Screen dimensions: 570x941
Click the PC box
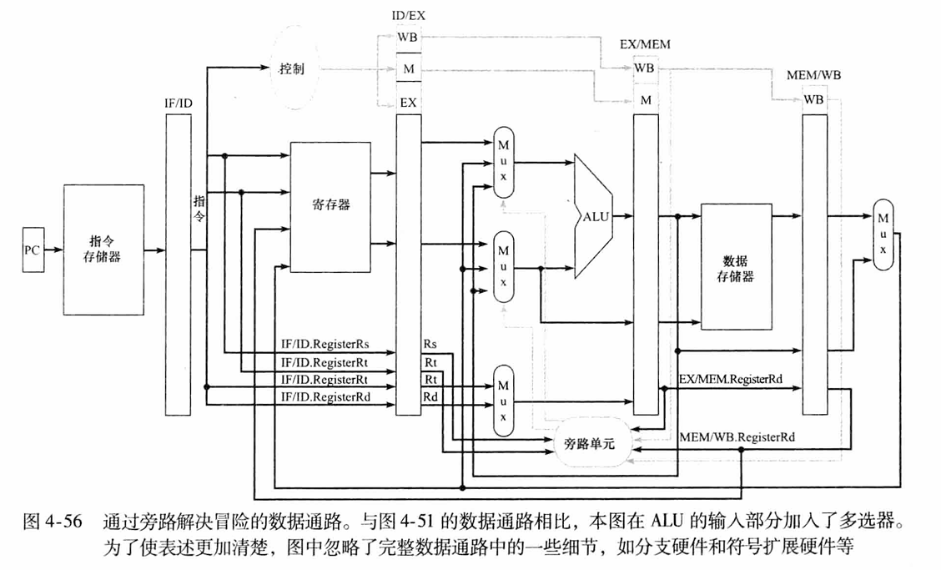coord(32,249)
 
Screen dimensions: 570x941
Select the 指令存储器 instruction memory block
coord(103,250)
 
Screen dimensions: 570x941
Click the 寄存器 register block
coord(330,205)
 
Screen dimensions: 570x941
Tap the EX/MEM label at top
coord(646,43)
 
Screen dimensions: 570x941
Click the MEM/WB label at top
coord(813,75)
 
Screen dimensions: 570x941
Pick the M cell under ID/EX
coord(408,68)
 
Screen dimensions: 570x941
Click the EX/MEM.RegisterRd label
coord(731,379)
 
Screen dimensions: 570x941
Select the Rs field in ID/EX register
coord(430,344)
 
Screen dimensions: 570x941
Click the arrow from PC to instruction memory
coord(53,249)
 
